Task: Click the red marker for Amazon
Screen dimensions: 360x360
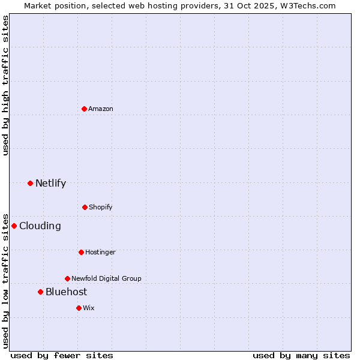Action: pyautogui.click(x=85, y=109)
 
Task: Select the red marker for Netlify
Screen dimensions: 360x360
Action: pyautogui.click(x=30, y=183)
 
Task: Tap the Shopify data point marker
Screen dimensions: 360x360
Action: pyautogui.click(x=85, y=207)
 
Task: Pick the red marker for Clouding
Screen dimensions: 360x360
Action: pyautogui.click(x=14, y=226)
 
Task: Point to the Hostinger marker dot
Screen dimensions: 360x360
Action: pyautogui.click(x=81, y=252)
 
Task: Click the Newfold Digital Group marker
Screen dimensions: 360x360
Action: pyautogui.click(x=67, y=278)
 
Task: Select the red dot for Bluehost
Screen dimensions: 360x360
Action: pyautogui.click(x=40, y=292)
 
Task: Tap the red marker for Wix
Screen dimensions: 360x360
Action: pyautogui.click(x=79, y=308)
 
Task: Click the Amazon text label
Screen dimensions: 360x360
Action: pyautogui.click(x=101, y=109)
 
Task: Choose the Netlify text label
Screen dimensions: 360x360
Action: pyautogui.click(x=50, y=183)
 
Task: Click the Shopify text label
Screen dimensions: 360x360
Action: pyautogui.click(x=101, y=207)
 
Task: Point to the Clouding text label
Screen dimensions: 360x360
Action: pyautogui.click(x=40, y=226)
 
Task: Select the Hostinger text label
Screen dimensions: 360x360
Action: pyautogui.click(x=100, y=252)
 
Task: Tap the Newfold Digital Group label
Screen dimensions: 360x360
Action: pyautogui.click(x=106, y=278)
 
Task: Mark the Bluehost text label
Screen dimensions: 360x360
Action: pyautogui.click(x=66, y=292)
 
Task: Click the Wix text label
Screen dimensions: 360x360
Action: pyautogui.click(x=89, y=308)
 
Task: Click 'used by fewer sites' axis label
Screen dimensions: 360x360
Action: pyautogui.click(x=62, y=355)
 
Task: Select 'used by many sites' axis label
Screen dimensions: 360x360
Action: pyautogui.click(x=301, y=355)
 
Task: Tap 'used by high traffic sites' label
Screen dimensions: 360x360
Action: pyautogui.click(x=5, y=86)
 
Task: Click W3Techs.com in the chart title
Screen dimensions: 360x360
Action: pyautogui.click(x=308, y=5)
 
